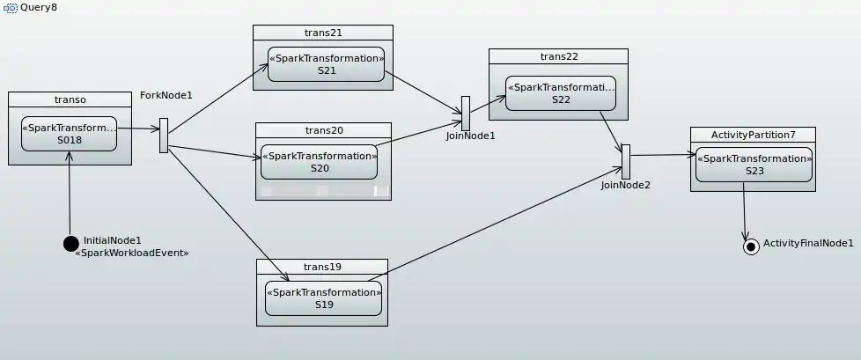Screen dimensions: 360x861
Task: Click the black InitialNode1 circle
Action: (71, 243)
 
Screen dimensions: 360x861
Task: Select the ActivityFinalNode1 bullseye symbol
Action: (751, 246)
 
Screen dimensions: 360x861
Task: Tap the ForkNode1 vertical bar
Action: (164, 136)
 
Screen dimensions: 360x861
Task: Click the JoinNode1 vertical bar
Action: (466, 113)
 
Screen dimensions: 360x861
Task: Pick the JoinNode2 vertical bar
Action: (626, 161)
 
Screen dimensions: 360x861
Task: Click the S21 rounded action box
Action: (327, 64)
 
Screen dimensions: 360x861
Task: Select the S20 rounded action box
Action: (320, 161)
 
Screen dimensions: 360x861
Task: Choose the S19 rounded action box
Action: (324, 298)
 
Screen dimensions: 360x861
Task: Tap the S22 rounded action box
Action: (561, 92)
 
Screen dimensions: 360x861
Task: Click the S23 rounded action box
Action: (754, 165)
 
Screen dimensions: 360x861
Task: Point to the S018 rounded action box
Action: (69, 133)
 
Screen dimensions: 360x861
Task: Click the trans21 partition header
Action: (323, 33)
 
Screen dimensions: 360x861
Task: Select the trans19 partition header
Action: (322, 267)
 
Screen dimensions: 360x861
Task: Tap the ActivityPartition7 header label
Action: (754, 135)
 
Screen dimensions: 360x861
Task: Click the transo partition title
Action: (70, 99)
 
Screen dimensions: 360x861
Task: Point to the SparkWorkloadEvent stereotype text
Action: (133, 253)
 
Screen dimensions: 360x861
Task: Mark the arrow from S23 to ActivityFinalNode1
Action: (746, 211)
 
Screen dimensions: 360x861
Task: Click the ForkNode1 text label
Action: (166, 95)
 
